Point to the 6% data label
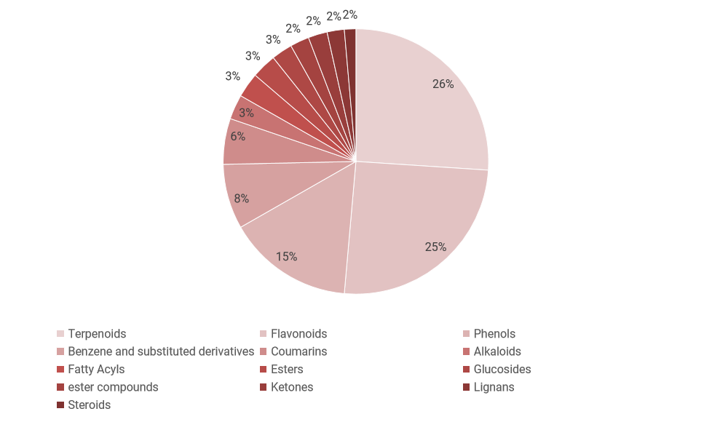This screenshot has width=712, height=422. tap(238, 136)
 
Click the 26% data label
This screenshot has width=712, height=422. tap(443, 84)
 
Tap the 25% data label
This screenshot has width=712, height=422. tap(435, 247)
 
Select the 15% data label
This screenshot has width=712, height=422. tap(286, 256)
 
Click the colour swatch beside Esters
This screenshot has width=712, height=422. tap(264, 370)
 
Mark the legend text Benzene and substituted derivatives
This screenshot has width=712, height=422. tap(161, 351)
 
